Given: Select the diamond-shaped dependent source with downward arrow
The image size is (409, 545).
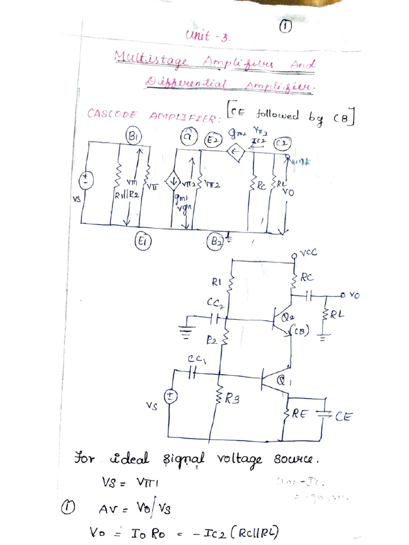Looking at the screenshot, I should (x=174, y=182).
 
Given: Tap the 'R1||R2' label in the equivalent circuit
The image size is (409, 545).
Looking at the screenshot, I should (x=126, y=195).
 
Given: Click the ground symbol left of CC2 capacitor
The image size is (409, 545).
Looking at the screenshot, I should (x=186, y=331).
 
